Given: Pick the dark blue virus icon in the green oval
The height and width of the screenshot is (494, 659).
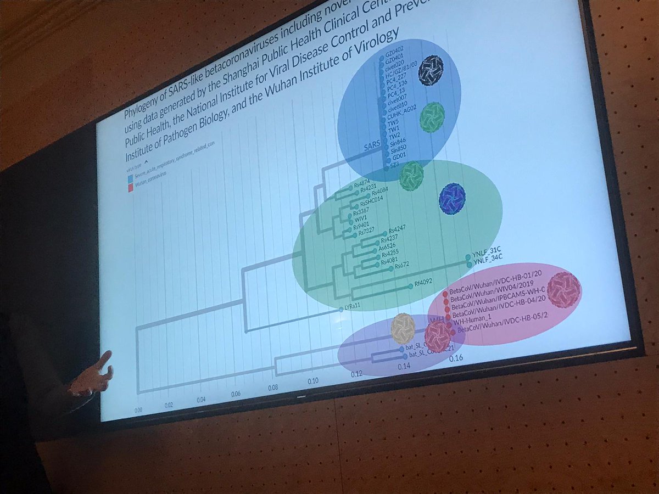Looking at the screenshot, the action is (x=452, y=198).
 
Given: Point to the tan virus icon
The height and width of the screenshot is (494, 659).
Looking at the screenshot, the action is (x=403, y=328).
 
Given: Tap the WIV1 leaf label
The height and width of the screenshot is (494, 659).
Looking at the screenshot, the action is (x=360, y=217).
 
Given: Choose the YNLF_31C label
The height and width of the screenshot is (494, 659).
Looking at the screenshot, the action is (x=487, y=256).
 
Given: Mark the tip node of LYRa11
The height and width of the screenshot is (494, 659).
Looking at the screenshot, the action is (x=341, y=310).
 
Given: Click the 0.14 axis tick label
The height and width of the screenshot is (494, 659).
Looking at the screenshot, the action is (x=404, y=366).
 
